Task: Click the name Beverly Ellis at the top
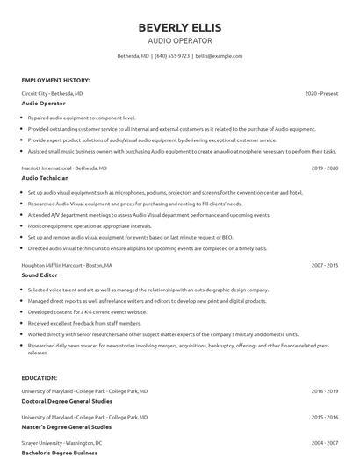click(179, 27)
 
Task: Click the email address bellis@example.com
click(219, 55)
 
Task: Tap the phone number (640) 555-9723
click(172, 55)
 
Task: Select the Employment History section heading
click(55, 80)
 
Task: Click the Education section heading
click(40, 377)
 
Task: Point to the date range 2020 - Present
click(321, 93)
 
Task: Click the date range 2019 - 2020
click(325, 168)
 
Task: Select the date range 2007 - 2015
click(325, 265)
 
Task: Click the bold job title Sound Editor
click(40, 275)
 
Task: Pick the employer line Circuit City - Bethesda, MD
click(53, 93)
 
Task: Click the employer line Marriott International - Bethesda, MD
click(64, 168)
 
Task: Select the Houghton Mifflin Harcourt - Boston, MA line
click(67, 265)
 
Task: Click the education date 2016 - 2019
click(325, 390)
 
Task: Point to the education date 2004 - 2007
click(325, 444)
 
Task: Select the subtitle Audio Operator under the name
click(179, 40)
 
